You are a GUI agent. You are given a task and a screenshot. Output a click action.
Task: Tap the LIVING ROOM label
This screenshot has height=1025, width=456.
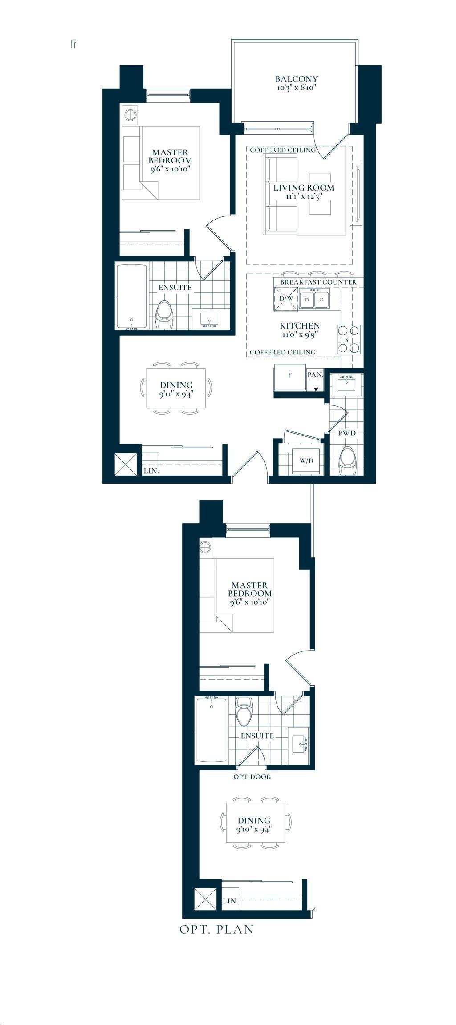coord(304,187)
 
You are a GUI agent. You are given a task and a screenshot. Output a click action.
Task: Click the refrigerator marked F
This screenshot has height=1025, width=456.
coord(290,378)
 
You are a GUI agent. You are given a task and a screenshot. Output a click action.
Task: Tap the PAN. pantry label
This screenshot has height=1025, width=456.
coord(315,375)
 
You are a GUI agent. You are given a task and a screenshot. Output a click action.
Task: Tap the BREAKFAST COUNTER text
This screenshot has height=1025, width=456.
coord(318,282)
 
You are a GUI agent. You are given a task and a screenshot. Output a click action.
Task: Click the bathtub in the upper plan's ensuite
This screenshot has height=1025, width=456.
coord(132,297)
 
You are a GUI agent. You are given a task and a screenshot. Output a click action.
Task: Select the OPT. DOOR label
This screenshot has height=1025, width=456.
coord(252,777)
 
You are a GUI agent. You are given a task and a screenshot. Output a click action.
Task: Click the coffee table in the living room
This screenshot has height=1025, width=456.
coord(320,193)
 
